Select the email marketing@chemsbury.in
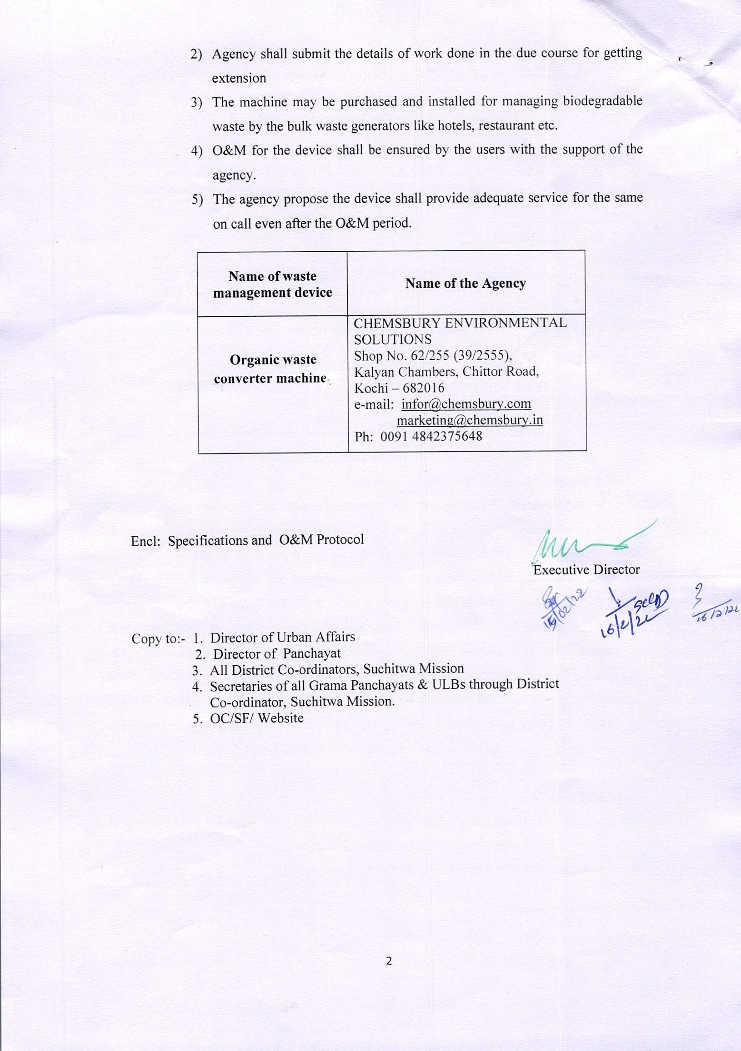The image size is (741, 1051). [x=470, y=420]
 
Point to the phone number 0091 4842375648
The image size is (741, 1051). [x=431, y=436]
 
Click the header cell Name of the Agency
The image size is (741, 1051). [x=465, y=283]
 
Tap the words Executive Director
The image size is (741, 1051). [x=586, y=570]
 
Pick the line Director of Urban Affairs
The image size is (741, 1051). [x=282, y=637]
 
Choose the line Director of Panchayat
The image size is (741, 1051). [x=277, y=654]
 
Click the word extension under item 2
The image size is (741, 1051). [x=239, y=78]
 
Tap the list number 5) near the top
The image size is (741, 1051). [x=197, y=200]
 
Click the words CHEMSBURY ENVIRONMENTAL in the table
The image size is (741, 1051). [x=460, y=323]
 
